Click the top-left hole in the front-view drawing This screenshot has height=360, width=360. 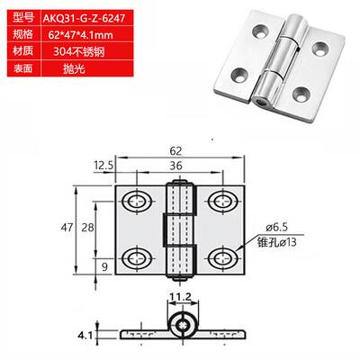tap(140, 199)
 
